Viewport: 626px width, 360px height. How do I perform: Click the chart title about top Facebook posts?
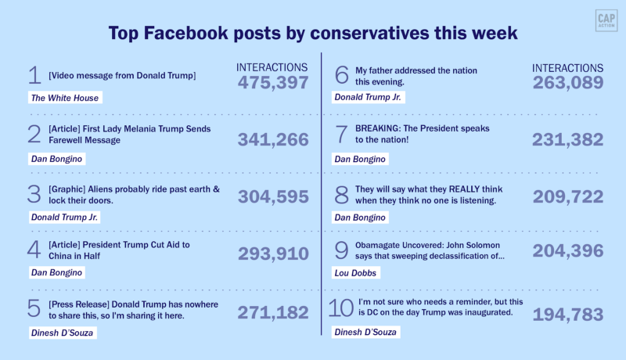(x=313, y=34)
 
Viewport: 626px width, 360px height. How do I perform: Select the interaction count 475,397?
(x=273, y=83)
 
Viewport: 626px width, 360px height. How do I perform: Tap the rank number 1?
(x=34, y=76)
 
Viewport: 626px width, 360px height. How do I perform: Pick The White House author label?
(x=64, y=99)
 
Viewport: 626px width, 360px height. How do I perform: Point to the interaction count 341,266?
(x=273, y=140)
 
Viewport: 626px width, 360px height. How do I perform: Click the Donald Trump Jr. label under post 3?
(x=64, y=217)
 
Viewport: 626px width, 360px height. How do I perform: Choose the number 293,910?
(x=273, y=254)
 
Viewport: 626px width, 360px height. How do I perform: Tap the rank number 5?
(x=34, y=308)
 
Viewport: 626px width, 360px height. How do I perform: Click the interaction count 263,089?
(x=568, y=83)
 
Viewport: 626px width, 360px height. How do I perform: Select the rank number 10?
(x=341, y=308)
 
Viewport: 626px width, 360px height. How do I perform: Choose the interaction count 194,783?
(x=568, y=315)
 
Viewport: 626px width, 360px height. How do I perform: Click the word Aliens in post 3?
(x=113, y=190)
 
